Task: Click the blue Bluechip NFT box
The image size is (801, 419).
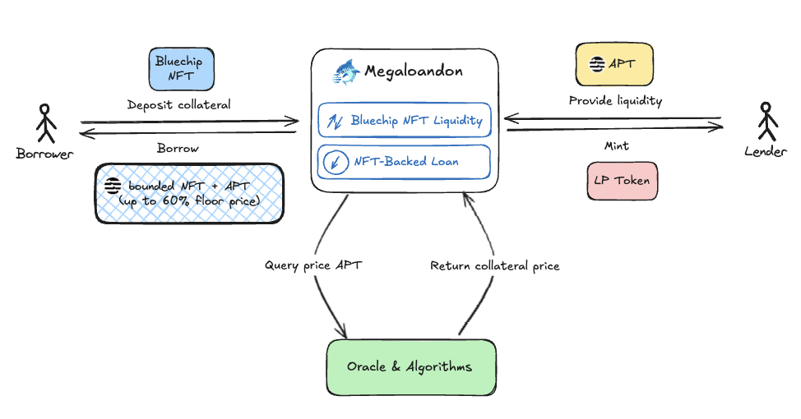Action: pos(179,69)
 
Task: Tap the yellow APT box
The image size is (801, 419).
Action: pos(613,64)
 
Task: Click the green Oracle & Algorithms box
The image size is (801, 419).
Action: pos(410,366)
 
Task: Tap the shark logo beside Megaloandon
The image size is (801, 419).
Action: pos(346,71)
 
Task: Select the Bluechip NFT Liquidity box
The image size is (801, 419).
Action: pos(404,120)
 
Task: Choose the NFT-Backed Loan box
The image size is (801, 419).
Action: pos(404,161)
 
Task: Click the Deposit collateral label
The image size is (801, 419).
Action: pos(178,105)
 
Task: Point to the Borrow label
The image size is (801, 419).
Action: pos(178,149)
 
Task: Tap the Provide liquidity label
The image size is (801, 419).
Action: pos(615,101)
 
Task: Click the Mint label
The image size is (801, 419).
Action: pos(615,145)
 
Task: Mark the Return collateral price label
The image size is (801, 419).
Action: pos(495,265)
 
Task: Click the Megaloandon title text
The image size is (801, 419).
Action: pos(413,71)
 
